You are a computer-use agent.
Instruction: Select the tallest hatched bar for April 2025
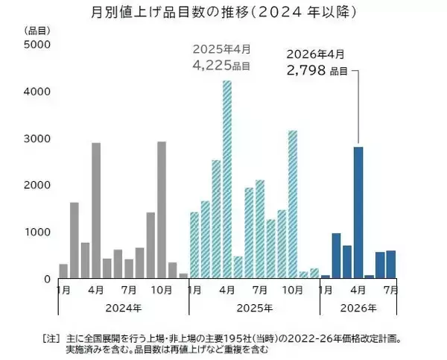(226, 180)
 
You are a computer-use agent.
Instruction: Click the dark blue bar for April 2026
(358, 212)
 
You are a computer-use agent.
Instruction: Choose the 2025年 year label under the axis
(254, 307)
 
